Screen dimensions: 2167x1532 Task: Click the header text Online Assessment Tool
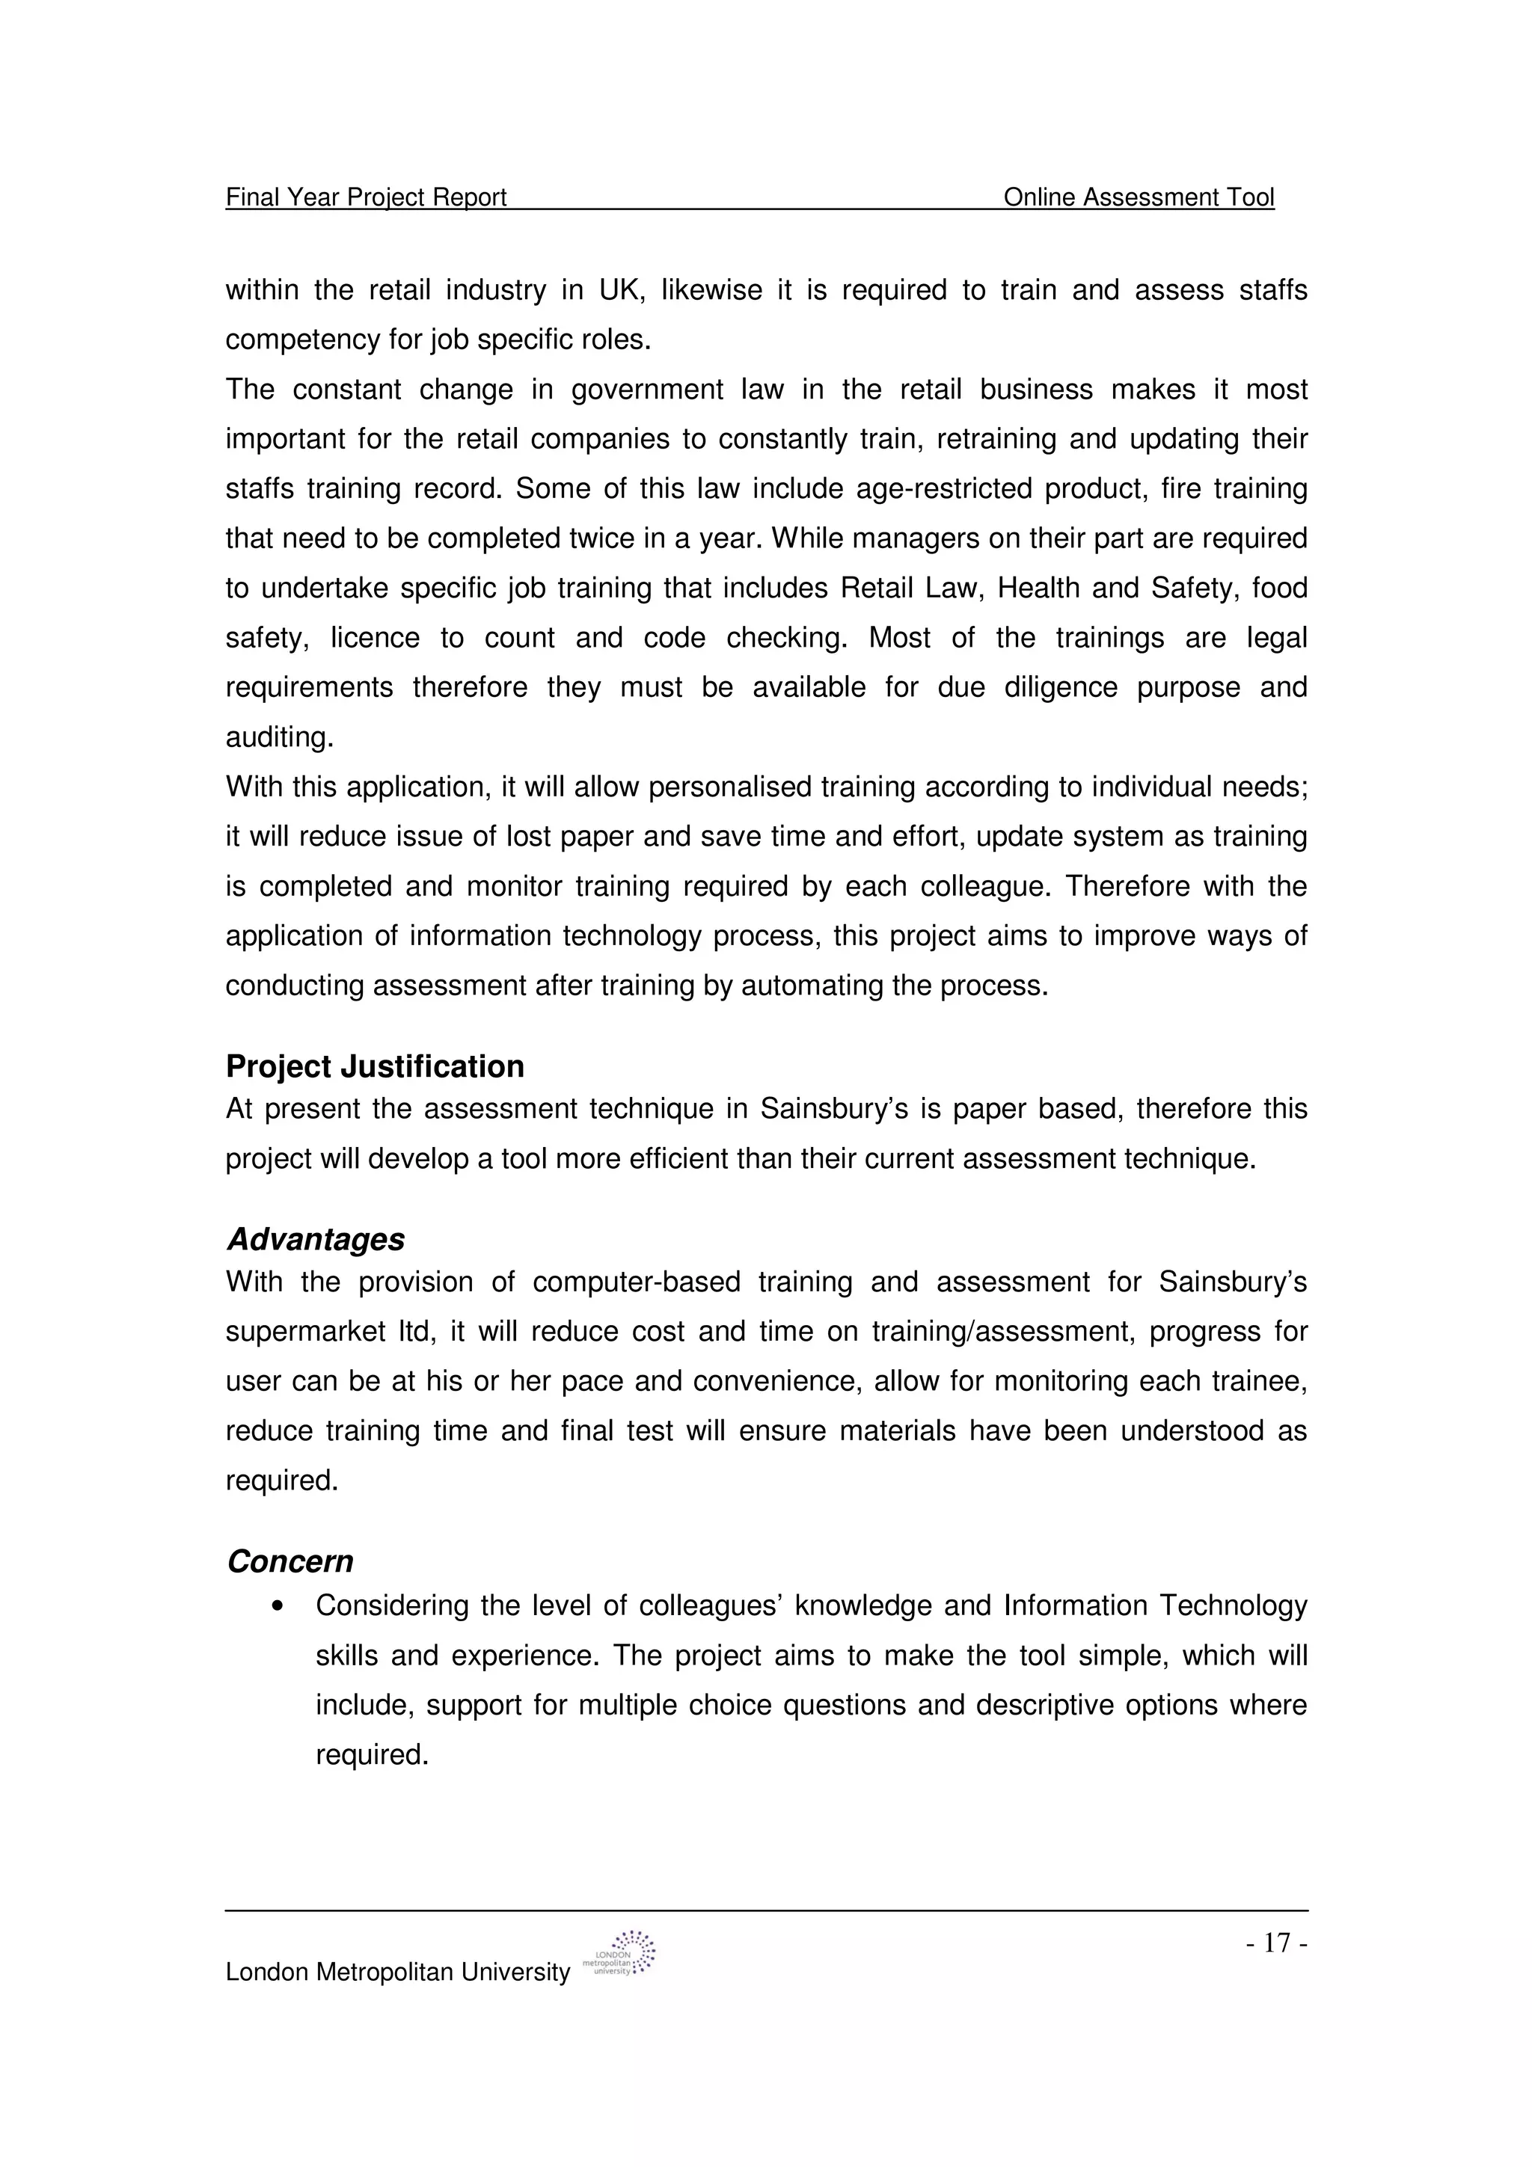(x=1138, y=197)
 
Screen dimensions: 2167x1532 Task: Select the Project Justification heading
(x=375, y=1066)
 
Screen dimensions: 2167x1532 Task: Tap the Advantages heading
(x=315, y=1239)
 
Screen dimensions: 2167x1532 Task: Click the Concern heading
(x=289, y=1562)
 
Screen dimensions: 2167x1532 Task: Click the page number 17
(x=1276, y=1943)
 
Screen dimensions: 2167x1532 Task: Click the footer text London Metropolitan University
(x=397, y=1973)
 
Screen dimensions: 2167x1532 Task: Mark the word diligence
(x=1061, y=687)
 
